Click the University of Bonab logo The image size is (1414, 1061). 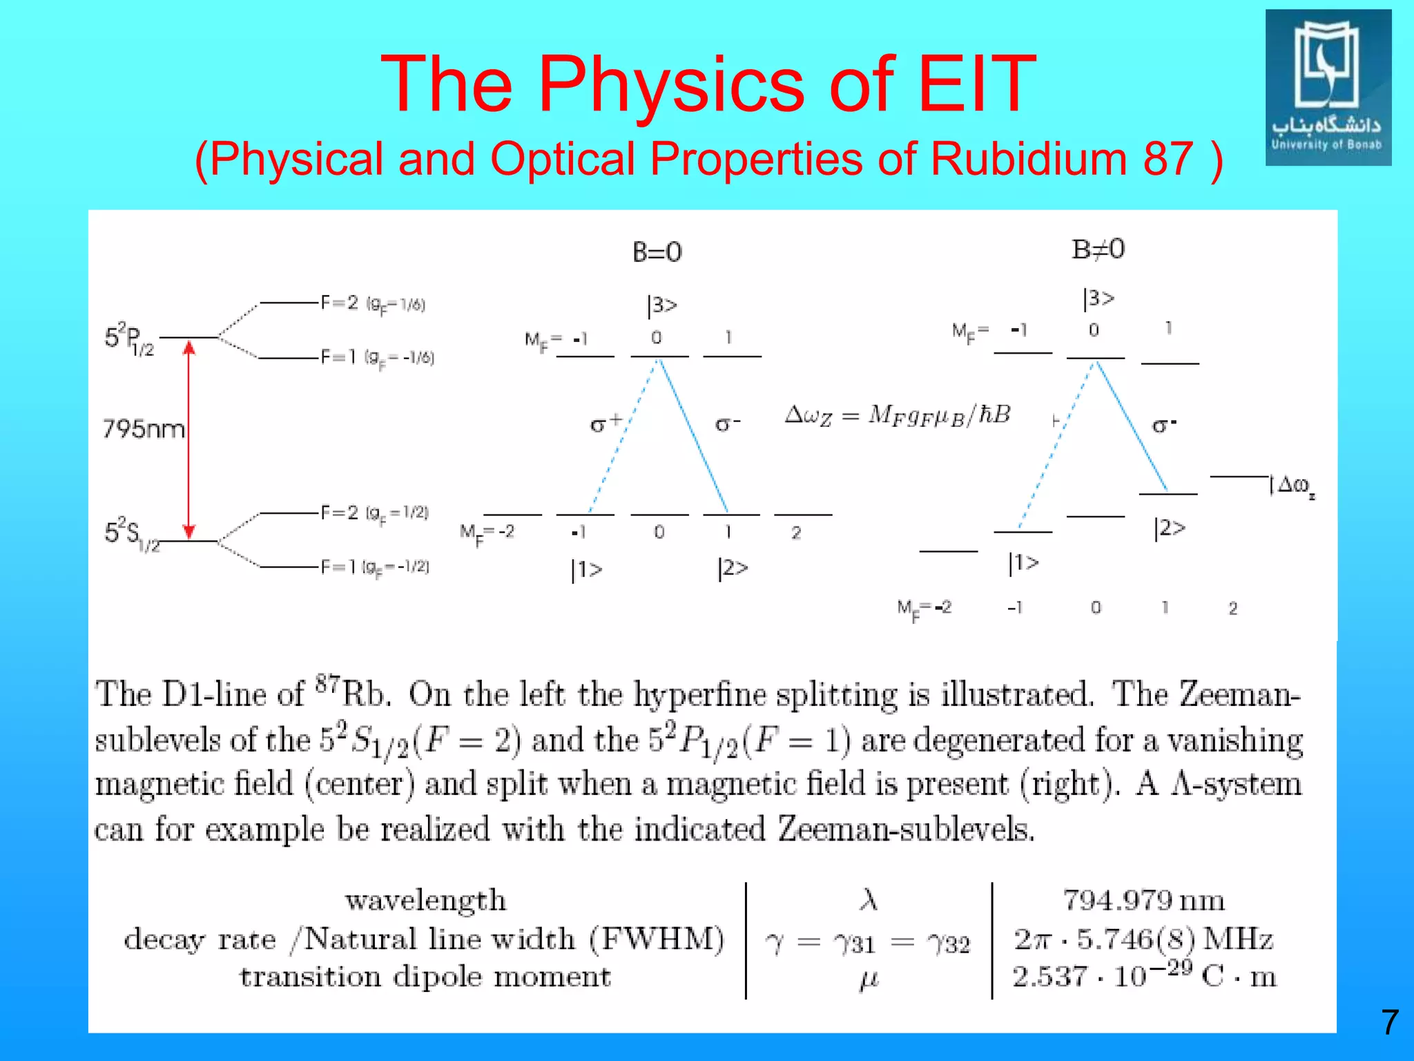point(1328,87)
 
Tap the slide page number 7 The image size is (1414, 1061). point(1389,1022)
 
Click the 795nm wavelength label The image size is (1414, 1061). point(144,429)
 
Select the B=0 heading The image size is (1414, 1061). point(657,252)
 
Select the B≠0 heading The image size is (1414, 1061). point(1098,249)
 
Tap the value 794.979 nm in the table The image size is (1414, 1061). point(1143,900)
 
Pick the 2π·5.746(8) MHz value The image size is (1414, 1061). point(1143,939)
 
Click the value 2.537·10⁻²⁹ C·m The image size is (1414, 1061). point(1143,977)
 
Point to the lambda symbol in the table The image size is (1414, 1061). point(869,899)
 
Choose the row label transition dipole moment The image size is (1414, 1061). point(425,977)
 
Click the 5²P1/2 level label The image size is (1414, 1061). point(129,338)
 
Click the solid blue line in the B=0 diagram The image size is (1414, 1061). point(694,435)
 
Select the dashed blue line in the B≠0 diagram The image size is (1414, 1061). point(1056,446)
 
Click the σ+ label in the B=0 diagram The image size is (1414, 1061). point(606,423)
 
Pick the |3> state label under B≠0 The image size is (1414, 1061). point(1098,298)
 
